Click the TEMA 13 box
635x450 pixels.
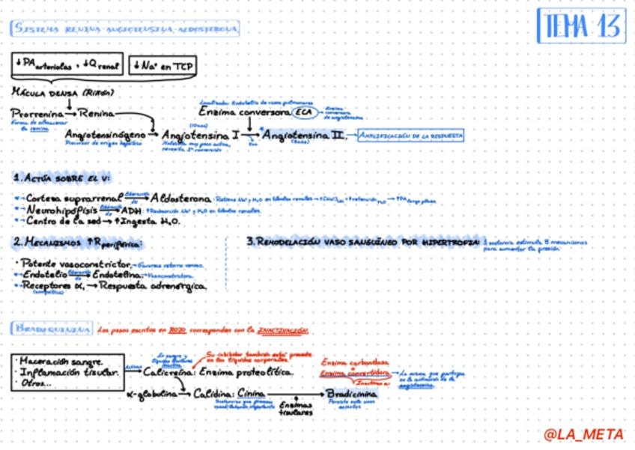click(x=580, y=27)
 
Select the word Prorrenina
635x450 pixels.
click(x=37, y=113)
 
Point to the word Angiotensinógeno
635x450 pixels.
click(x=104, y=134)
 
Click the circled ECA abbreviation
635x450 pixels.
click(x=305, y=112)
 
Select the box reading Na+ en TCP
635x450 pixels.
click(x=162, y=66)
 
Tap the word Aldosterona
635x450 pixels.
click(x=180, y=198)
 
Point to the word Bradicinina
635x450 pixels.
click(x=350, y=392)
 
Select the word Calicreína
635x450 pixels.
click(x=168, y=371)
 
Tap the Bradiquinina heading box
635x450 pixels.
click(x=52, y=329)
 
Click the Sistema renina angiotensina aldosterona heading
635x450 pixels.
click(x=125, y=29)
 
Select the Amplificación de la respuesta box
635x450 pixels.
click(x=410, y=136)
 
